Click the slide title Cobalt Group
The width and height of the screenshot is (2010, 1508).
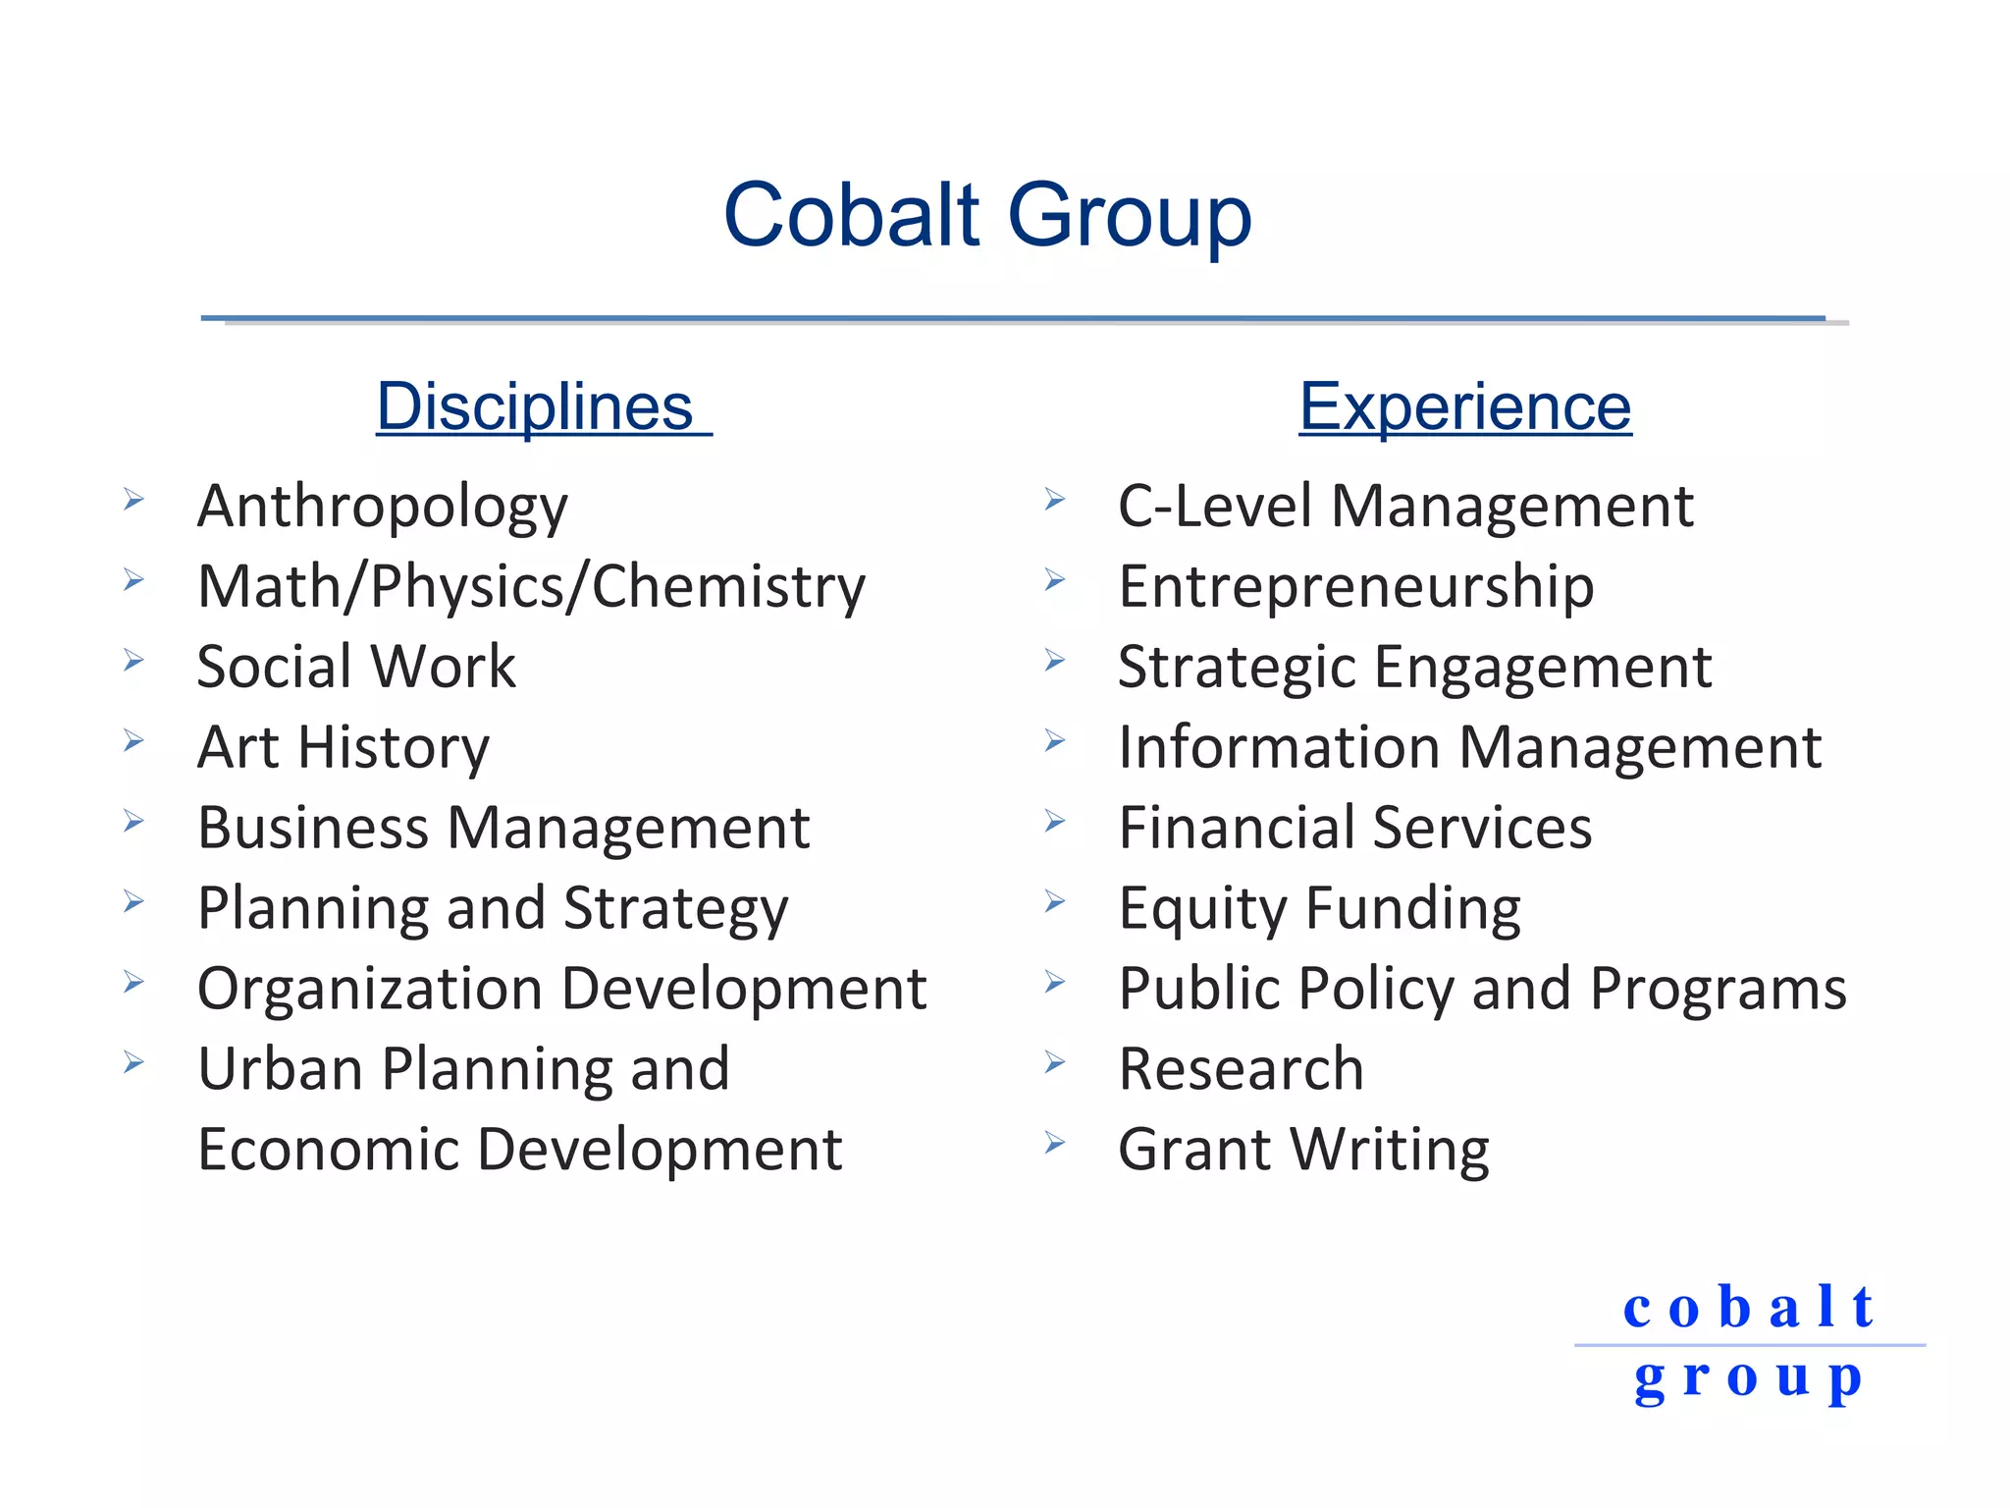point(986,215)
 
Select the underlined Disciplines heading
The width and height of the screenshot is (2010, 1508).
point(535,406)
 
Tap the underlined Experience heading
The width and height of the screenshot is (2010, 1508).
point(1464,406)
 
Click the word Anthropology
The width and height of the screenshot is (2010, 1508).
point(383,508)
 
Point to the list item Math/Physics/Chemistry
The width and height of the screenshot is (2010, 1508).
point(531,587)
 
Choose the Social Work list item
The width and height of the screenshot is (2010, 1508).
point(355,667)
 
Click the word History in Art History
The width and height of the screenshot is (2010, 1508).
point(393,748)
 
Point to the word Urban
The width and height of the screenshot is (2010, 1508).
point(280,1069)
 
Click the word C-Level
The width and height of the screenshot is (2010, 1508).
point(1214,507)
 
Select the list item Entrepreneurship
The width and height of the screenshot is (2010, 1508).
point(1355,587)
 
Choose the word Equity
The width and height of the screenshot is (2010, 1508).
point(1202,909)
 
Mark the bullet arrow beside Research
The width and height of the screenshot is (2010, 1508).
point(1055,1062)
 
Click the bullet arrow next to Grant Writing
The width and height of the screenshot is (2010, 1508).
point(1055,1143)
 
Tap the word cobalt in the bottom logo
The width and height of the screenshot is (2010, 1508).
point(1748,1308)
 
